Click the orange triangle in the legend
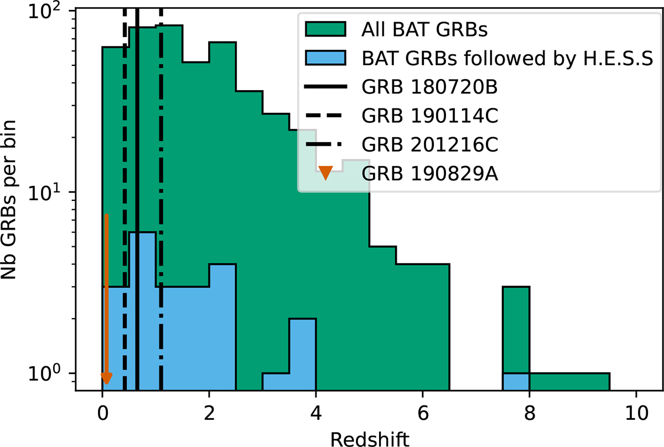coord(326,174)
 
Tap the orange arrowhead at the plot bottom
coord(107,378)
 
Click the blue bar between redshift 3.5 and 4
coord(302,354)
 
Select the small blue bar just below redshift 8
coord(516,382)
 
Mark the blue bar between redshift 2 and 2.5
coord(222,326)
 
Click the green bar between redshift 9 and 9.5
coord(596,382)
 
